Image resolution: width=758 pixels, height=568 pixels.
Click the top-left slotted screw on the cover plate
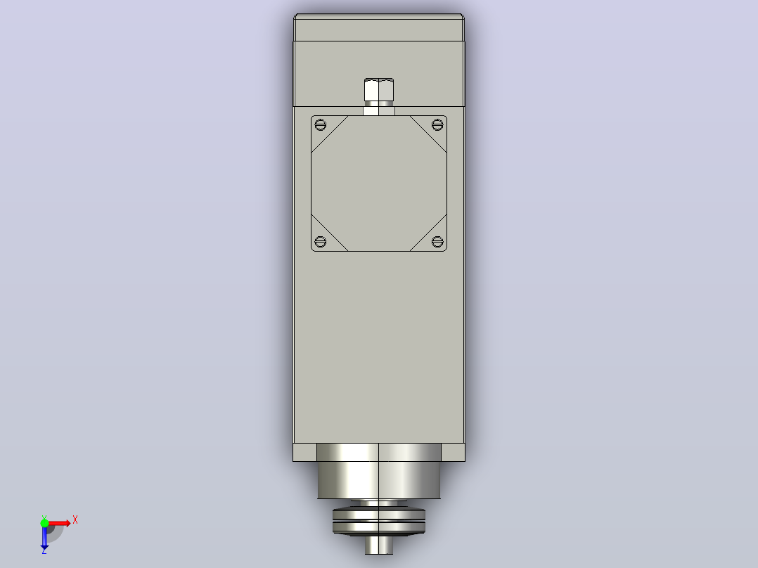pos(320,124)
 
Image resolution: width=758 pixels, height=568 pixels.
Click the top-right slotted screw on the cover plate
pos(437,124)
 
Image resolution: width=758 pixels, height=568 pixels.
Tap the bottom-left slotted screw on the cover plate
pos(320,241)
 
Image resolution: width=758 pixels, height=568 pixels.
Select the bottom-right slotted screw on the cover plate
pos(437,241)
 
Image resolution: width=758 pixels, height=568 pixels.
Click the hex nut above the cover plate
pos(379,89)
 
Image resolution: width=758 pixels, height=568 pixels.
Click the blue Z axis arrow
pos(44,536)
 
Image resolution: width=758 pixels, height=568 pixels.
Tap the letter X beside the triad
pos(75,520)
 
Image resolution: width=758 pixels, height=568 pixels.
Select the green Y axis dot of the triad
pos(44,522)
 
